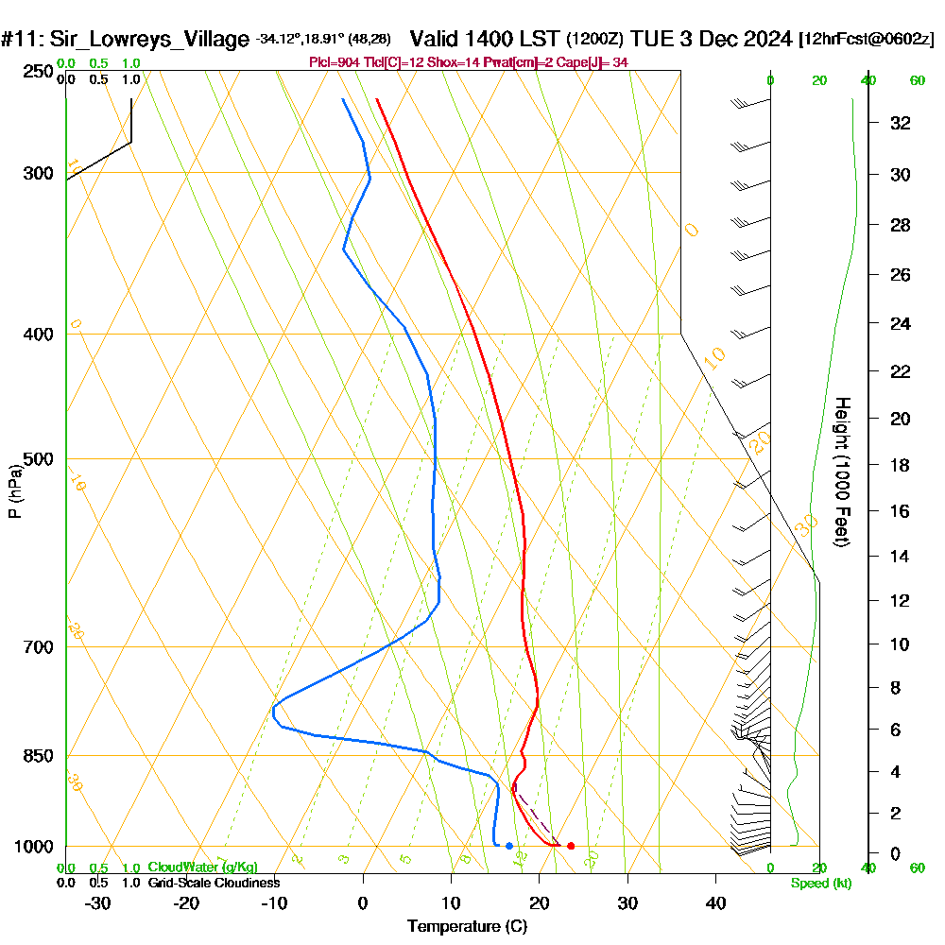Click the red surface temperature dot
(x=571, y=846)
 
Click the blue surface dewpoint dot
(x=509, y=846)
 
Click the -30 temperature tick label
(x=98, y=902)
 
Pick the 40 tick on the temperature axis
(x=715, y=902)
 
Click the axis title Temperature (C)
(x=468, y=927)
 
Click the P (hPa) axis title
(x=14, y=491)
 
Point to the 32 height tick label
(x=901, y=123)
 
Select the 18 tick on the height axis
(x=901, y=465)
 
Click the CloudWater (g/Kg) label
(x=202, y=868)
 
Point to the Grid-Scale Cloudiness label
(x=214, y=883)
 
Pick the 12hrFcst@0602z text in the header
(x=866, y=40)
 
